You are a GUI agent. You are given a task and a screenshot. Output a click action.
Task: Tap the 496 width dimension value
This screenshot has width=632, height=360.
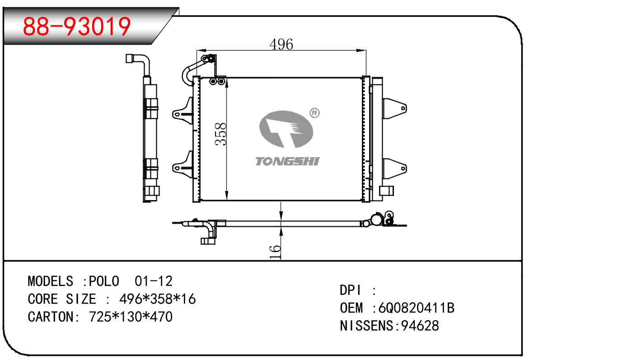click(x=281, y=44)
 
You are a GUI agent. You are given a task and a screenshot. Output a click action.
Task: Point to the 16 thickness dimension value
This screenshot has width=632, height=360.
click(x=275, y=251)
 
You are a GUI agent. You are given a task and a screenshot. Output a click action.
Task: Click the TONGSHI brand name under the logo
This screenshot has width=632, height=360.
click(x=287, y=161)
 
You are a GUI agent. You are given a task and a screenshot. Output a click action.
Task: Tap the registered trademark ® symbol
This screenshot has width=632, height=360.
click(x=314, y=112)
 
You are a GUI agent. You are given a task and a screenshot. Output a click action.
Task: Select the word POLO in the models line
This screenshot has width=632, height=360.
click(x=104, y=281)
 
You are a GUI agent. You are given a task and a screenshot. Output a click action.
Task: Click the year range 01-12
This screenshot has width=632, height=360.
click(x=154, y=281)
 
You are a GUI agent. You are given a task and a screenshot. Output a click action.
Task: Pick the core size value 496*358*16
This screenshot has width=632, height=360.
click(x=157, y=299)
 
